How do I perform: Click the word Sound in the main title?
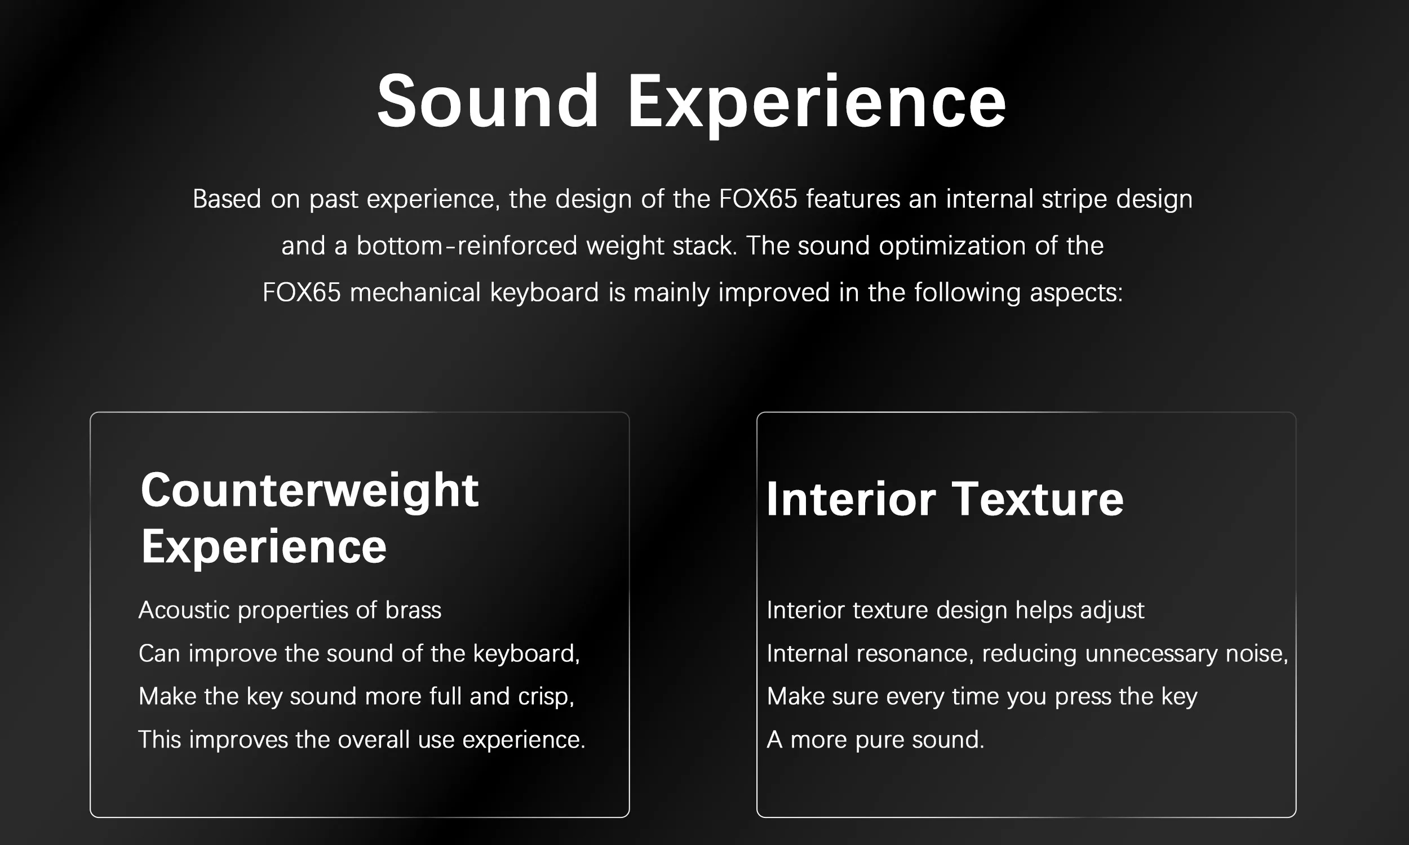point(488,101)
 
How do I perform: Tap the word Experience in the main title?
point(817,105)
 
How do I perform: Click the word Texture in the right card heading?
point(1038,499)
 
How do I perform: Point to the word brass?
point(413,610)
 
